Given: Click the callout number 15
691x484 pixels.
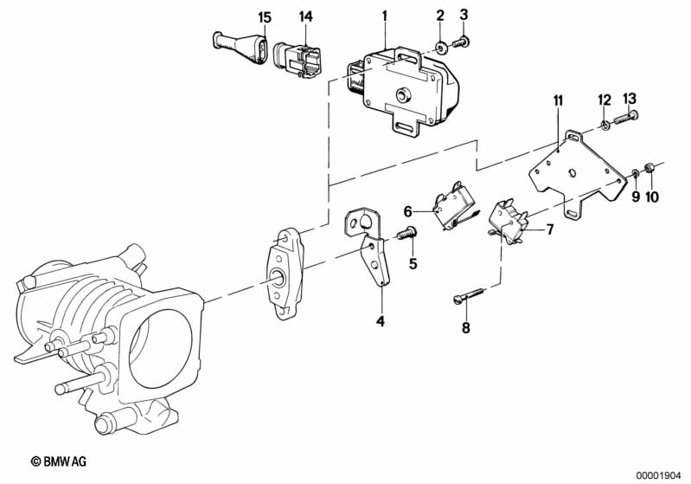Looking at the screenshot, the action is tap(265, 18).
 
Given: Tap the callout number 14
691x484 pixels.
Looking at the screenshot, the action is tap(306, 16).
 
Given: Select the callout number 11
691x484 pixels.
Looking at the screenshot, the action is tap(559, 101).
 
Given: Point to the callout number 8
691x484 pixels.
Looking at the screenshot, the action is tap(466, 328).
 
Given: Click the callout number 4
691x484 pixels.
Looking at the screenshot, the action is tap(381, 321).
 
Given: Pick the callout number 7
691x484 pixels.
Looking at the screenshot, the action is tap(549, 229).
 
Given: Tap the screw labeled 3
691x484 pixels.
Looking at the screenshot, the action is tap(460, 42).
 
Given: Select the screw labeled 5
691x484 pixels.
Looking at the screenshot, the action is tap(406, 233).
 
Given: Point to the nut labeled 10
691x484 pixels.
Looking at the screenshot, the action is tap(649, 168).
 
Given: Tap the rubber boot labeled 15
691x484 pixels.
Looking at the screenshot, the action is tap(240, 47).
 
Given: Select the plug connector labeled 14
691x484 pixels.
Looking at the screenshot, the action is tap(298, 61).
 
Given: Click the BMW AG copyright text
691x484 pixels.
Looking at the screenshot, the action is tap(59, 461).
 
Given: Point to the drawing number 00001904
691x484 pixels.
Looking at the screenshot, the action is tap(658, 475).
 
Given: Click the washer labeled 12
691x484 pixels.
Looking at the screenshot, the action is tap(605, 126).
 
